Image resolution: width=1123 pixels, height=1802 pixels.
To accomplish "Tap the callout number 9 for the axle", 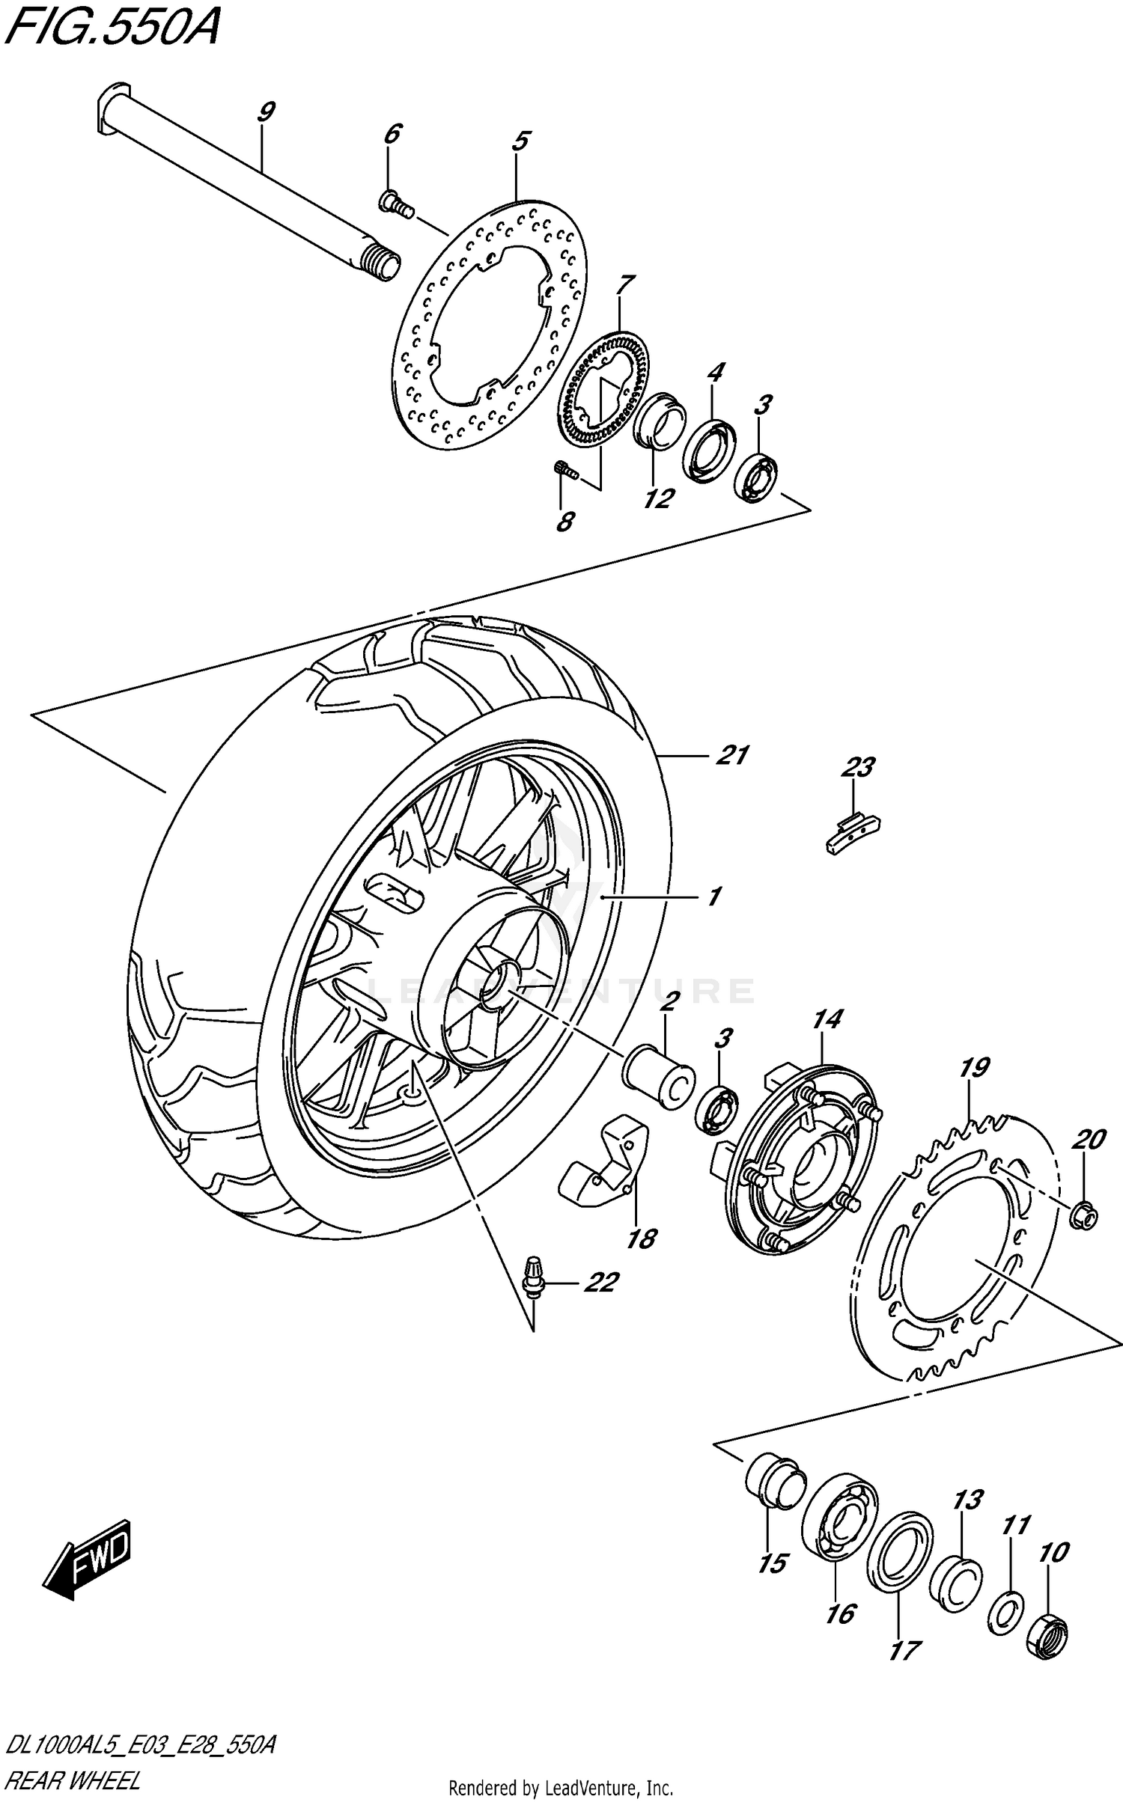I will [x=265, y=112].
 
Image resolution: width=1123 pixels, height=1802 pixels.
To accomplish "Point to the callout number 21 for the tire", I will [x=731, y=755].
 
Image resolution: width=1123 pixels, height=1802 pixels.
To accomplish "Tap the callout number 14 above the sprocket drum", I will [x=827, y=1019].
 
